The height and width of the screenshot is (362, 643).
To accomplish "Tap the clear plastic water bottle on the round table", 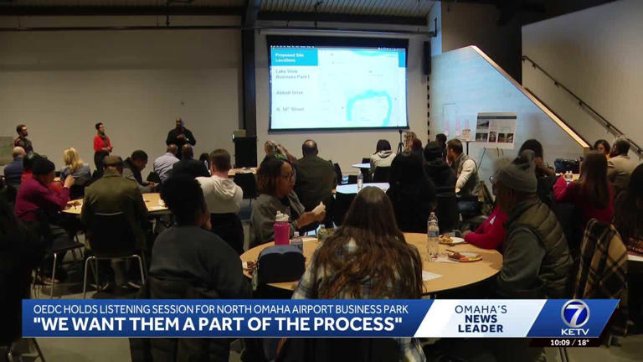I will click(x=432, y=235).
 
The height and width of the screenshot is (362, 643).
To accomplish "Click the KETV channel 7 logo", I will click(x=575, y=318).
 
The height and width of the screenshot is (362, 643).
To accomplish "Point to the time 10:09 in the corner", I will click(x=560, y=343).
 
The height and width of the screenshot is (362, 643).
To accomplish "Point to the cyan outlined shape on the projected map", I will click(x=368, y=104).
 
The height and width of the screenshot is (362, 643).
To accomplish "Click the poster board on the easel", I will click(x=495, y=130).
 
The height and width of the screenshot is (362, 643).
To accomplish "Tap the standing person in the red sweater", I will click(x=101, y=141).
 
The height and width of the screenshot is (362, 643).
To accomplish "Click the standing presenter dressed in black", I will click(x=180, y=135).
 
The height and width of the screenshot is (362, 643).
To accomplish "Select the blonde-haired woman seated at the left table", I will click(x=74, y=165).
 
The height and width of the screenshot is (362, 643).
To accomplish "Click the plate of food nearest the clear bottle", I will click(x=462, y=256).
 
